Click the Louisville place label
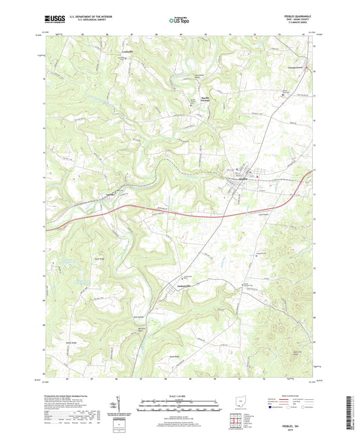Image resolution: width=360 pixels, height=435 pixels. (127, 51)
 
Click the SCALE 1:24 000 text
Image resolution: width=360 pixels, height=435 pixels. (180, 394)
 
